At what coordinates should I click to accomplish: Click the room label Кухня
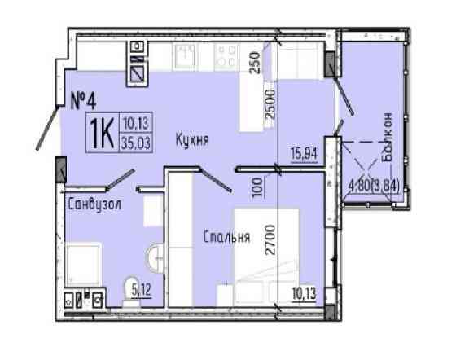pyautogui.click(x=192, y=139)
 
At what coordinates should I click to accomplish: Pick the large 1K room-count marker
pyautogui.click(x=100, y=131)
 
